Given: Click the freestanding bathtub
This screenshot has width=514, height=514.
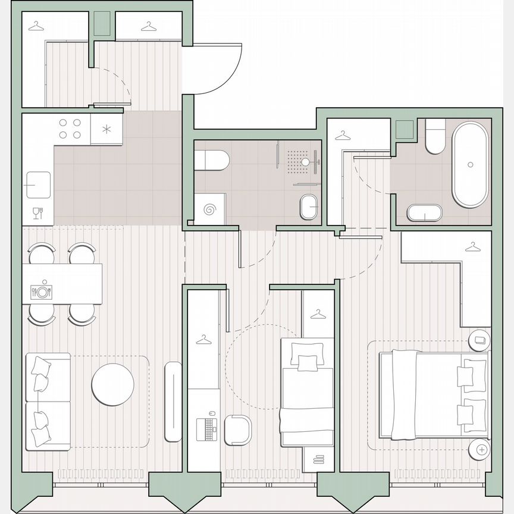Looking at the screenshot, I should [470, 164].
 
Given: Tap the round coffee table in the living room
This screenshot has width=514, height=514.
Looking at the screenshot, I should [112, 384].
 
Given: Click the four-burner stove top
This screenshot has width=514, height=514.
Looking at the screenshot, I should [70, 128].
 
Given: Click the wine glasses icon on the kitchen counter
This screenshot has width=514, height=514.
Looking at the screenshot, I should [37, 212].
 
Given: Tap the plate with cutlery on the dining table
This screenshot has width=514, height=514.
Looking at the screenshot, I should [41, 292].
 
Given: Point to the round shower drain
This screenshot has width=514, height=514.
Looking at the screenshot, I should [305, 161].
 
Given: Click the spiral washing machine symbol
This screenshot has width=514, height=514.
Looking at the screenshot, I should [210, 209].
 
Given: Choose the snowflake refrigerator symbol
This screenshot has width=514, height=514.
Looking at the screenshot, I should [106, 129].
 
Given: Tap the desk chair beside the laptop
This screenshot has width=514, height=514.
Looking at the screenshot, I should [240, 429].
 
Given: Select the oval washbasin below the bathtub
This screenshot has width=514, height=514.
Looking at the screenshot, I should [425, 213].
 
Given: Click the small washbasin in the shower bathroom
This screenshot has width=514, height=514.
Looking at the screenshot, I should [309, 207].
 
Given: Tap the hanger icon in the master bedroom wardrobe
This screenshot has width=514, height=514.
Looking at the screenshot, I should [473, 246].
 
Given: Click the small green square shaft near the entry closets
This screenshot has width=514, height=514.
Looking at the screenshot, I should [102, 24].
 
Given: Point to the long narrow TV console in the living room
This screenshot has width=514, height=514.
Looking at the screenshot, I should [173, 401].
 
